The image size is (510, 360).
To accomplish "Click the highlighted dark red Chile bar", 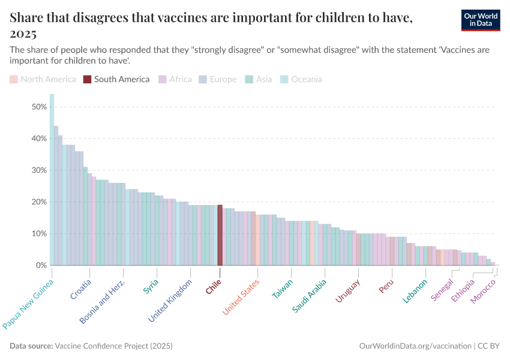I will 220,235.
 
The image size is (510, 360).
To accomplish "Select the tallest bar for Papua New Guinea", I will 52,180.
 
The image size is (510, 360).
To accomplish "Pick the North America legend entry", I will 43,79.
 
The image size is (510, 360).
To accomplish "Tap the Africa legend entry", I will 175,79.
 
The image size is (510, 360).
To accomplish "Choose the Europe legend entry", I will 218,79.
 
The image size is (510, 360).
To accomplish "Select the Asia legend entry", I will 259,79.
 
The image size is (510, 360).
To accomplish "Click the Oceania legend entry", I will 301,79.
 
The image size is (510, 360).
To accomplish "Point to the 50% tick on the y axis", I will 39,107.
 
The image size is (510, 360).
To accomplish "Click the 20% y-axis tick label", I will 39,202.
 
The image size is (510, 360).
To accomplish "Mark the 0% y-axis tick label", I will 41,265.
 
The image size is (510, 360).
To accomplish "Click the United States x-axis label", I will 241,296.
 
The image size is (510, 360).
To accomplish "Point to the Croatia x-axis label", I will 81,289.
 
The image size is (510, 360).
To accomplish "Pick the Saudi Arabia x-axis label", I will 310,295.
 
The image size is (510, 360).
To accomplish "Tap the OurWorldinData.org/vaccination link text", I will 415,346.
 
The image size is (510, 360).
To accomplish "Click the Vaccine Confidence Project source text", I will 113,346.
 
